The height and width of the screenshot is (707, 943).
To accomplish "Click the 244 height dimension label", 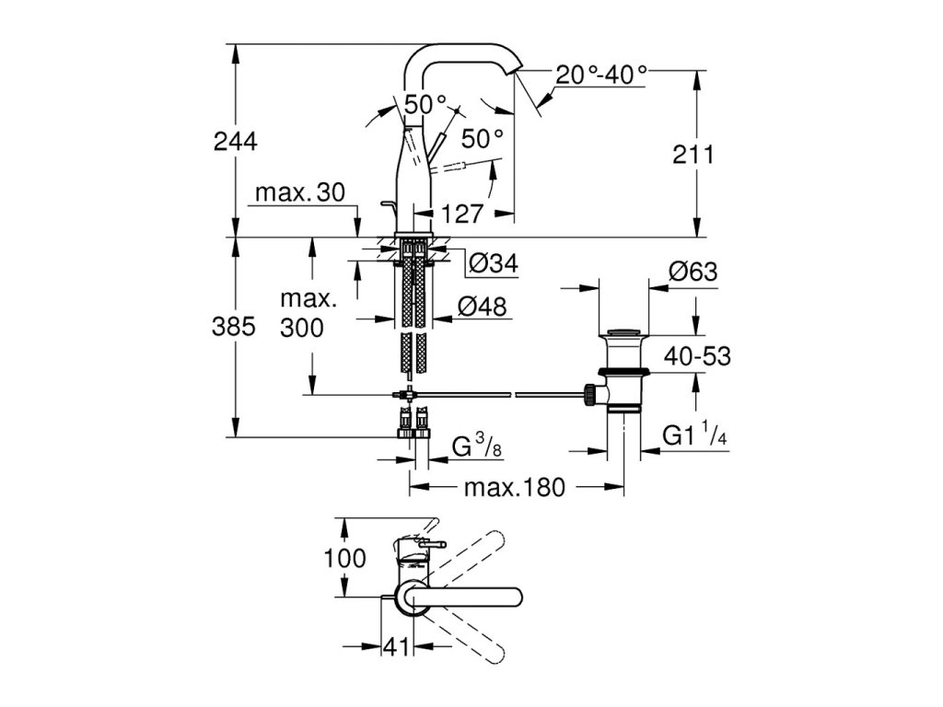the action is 235,141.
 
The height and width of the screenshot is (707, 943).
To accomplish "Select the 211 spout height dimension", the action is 693,155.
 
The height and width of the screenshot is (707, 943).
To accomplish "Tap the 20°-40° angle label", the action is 600,75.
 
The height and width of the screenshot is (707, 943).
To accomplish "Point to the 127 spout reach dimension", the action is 462,214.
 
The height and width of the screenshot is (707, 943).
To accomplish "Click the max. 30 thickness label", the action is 300,192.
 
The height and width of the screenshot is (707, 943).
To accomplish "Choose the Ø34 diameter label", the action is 494,262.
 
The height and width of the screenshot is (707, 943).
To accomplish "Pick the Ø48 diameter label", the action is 483,307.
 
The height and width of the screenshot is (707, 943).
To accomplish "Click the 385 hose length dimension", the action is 233,327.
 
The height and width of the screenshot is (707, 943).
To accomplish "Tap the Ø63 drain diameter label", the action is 693,272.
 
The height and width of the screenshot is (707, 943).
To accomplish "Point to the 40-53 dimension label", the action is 697,356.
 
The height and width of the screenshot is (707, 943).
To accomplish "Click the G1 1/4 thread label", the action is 694,435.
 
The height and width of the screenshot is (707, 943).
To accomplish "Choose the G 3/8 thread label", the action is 477,447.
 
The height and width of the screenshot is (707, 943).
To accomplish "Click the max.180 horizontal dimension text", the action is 515,487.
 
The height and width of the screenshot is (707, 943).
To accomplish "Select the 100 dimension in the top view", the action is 344,558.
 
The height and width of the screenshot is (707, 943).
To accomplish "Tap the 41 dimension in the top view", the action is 396,647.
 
